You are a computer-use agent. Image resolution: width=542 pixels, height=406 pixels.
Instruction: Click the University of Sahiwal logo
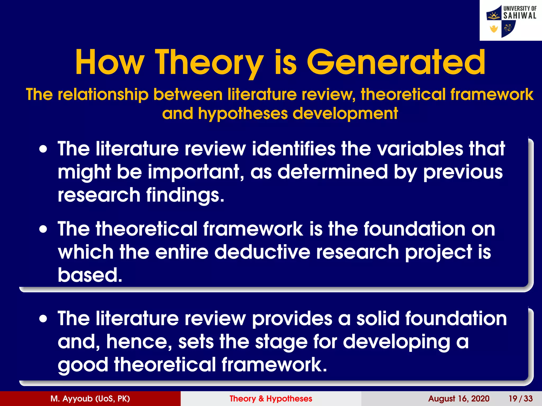click(511, 21)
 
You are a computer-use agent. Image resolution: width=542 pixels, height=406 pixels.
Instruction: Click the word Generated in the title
click(396, 63)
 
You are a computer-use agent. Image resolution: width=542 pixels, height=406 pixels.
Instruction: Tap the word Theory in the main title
click(209, 63)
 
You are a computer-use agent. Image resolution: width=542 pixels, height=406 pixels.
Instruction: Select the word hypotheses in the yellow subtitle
click(243, 114)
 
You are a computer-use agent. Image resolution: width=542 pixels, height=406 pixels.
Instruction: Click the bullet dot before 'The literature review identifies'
click(43, 149)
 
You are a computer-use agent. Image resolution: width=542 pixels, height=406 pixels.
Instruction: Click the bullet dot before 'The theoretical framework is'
click(43, 229)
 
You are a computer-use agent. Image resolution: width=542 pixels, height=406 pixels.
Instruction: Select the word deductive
click(262, 252)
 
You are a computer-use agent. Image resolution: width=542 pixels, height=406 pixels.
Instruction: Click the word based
click(90, 275)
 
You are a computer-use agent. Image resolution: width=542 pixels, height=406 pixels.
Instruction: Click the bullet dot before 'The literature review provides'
click(43, 319)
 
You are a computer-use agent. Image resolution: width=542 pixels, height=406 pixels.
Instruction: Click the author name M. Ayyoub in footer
click(90, 399)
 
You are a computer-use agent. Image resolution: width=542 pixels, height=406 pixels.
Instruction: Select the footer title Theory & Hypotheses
click(271, 399)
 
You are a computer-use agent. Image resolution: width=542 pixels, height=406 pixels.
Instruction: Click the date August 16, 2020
click(459, 399)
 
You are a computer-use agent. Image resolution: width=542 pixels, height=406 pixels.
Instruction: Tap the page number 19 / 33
click(520, 399)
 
